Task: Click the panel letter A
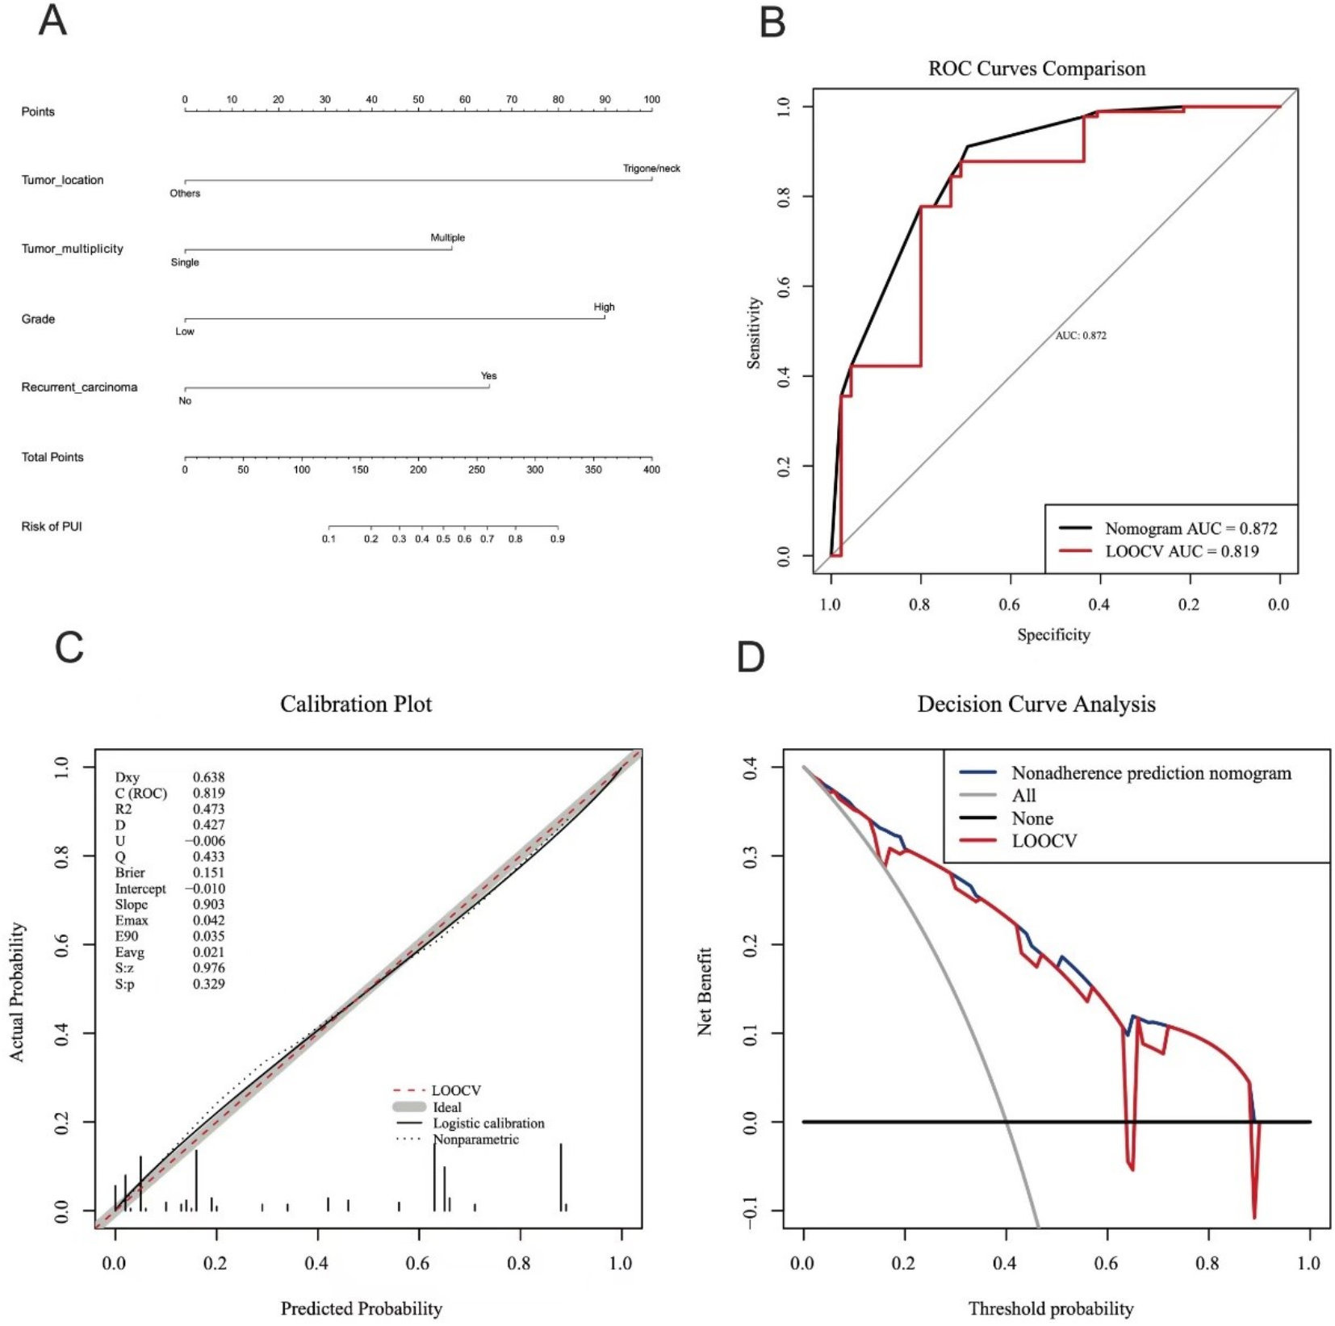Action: [52, 21]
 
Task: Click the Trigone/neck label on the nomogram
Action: [651, 169]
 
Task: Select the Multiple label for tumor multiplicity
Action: [447, 238]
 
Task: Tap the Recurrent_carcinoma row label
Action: [79, 387]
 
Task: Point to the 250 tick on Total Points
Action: [476, 469]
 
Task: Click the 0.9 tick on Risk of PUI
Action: [557, 538]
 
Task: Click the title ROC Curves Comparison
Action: [1036, 69]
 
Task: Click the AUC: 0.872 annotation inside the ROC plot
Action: [1080, 336]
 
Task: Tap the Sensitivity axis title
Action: [754, 333]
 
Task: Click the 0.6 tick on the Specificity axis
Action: [1009, 604]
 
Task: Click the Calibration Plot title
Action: [356, 704]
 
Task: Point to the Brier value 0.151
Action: [208, 872]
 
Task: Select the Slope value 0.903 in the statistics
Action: [208, 905]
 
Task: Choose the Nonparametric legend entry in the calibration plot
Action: [475, 1140]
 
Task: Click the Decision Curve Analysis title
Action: [1036, 705]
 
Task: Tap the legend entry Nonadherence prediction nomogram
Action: [1151, 773]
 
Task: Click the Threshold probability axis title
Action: [1050, 1308]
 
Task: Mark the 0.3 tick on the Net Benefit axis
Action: [750, 856]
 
